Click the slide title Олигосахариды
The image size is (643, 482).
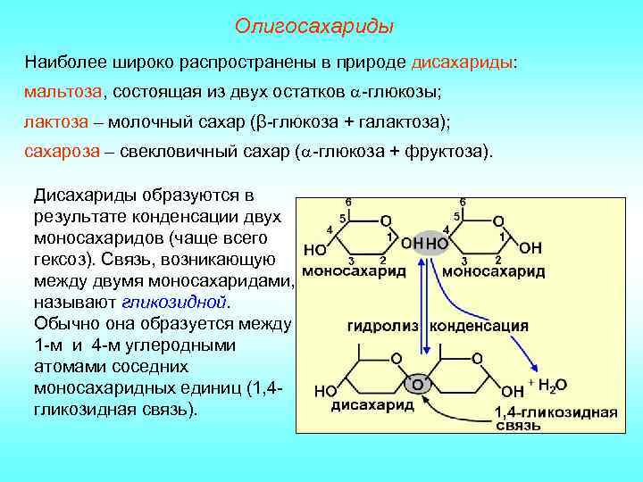313,26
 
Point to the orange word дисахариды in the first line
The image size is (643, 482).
463,62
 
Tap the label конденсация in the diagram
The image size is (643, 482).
480,327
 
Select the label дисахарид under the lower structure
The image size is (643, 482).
372,406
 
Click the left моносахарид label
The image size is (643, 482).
350,270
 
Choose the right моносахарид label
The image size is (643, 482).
494,270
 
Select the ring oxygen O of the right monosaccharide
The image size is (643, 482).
498,220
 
